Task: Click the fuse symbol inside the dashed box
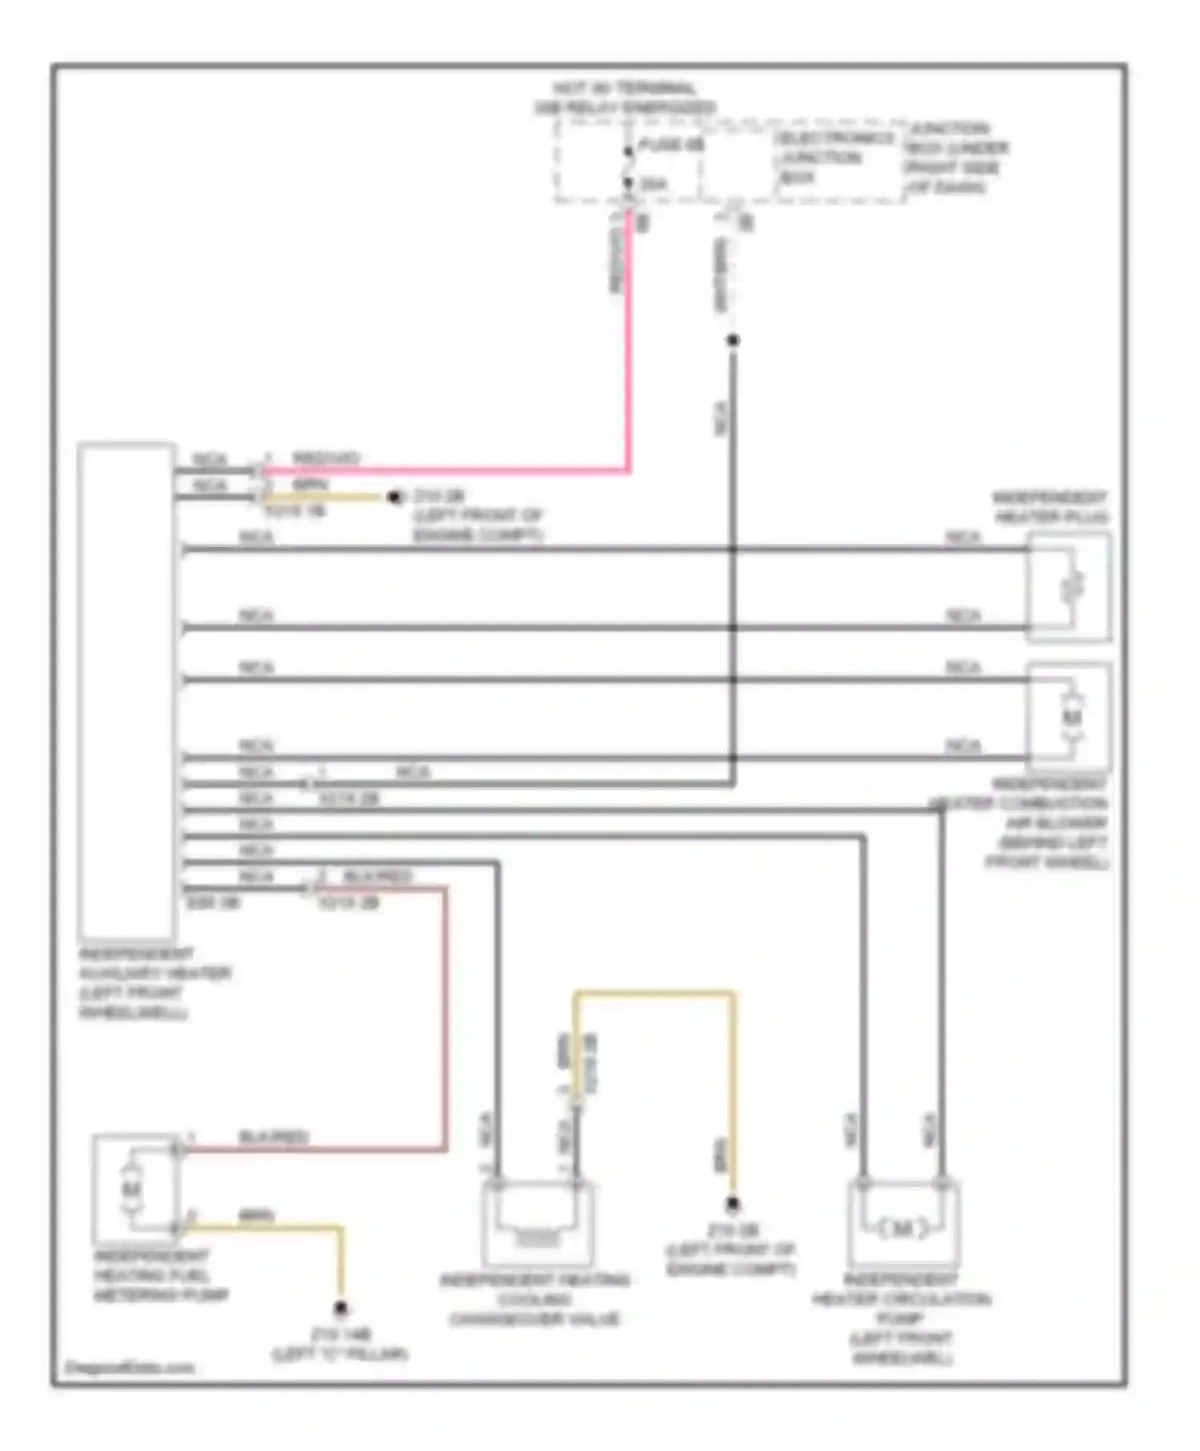[x=628, y=166]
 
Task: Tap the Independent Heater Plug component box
[x=1069, y=588]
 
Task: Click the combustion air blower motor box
[x=1069, y=717]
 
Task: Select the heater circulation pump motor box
[x=902, y=1224]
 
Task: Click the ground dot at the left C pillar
[x=341, y=1309]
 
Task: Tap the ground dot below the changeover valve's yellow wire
[x=732, y=1205]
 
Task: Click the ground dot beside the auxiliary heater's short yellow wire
[x=394, y=498]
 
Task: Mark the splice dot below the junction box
[x=732, y=341]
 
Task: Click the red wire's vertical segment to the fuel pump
[x=445, y=1016]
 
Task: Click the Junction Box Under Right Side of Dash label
[x=955, y=158]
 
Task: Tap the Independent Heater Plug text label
[x=1050, y=507]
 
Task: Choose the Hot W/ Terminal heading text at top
[x=625, y=98]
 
